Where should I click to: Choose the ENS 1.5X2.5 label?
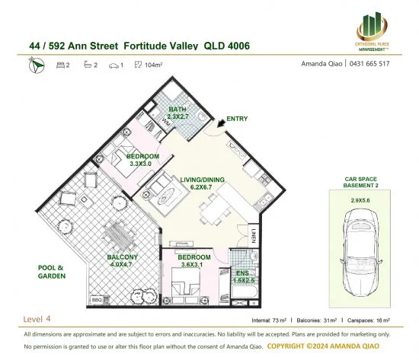pos(245,276)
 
